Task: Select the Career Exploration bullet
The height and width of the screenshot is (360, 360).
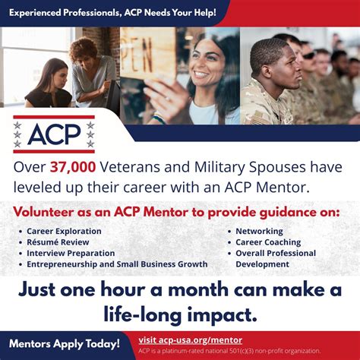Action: point(64,231)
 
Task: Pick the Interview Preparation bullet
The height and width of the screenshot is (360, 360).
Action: point(71,253)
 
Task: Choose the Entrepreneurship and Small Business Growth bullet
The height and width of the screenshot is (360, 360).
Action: point(116,264)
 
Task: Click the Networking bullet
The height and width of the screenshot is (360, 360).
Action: point(259,231)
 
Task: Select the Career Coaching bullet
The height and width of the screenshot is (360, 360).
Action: point(268,242)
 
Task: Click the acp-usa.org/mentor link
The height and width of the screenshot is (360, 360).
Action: point(193,339)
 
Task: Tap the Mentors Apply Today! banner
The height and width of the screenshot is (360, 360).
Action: point(65,344)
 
